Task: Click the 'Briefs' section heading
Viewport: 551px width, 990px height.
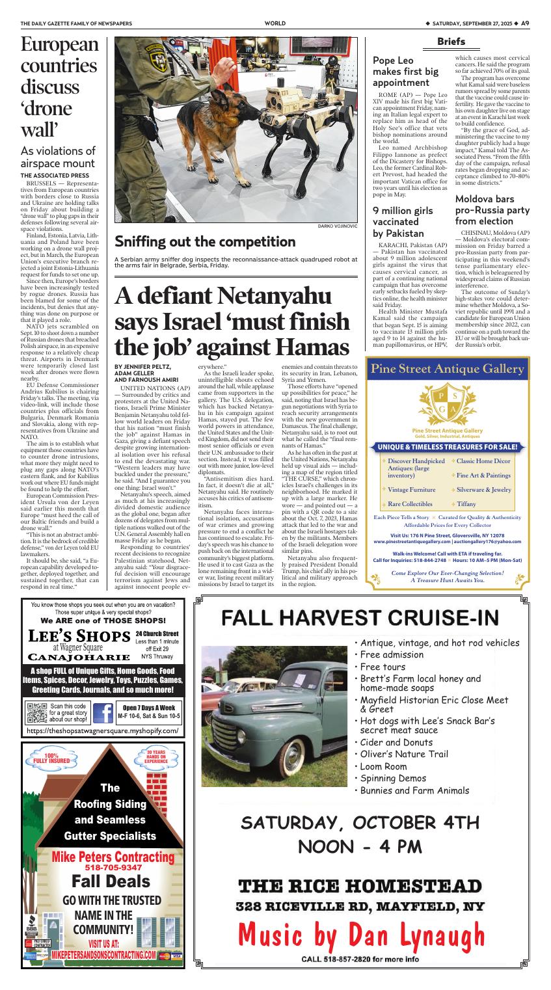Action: click(451, 42)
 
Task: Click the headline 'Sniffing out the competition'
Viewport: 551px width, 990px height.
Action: click(205, 242)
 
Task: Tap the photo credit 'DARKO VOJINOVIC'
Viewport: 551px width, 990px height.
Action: click(338, 226)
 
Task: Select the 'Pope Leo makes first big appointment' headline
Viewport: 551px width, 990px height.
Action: click(405, 72)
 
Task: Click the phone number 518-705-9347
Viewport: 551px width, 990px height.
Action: click(113, 867)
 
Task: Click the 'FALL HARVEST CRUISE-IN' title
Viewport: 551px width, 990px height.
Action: click(360, 617)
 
